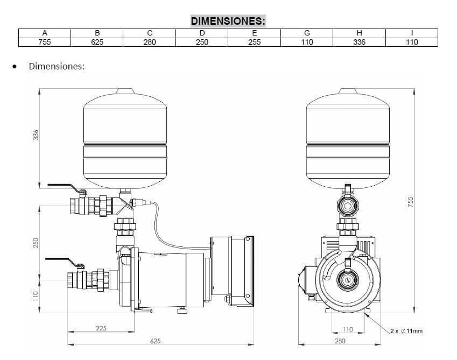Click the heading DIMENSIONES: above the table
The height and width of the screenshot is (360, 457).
(x=228, y=21)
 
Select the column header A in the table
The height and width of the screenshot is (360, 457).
(x=45, y=33)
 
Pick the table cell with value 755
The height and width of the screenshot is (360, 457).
(x=45, y=42)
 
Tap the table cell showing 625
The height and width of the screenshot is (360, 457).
(x=97, y=42)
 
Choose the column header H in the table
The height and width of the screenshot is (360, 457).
(x=360, y=33)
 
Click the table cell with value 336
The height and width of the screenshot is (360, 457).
(x=360, y=42)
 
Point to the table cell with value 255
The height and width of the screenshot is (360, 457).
(x=255, y=42)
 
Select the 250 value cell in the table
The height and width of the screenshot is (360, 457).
(x=202, y=42)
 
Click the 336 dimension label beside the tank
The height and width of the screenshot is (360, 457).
(x=36, y=135)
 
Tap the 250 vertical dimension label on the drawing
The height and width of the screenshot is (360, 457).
(x=36, y=243)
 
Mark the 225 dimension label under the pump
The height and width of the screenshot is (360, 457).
(x=101, y=328)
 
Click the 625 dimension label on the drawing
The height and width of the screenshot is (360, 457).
(x=156, y=341)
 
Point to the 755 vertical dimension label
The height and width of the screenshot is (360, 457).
(x=410, y=202)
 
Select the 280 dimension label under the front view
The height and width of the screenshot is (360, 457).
(x=340, y=341)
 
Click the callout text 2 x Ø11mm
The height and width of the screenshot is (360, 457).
(x=406, y=331)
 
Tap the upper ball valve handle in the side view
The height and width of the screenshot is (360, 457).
(x=64, y=187)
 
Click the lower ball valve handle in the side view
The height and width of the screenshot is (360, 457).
(x=62, y=262)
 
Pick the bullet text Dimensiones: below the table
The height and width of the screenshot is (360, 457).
(x=57, y=66)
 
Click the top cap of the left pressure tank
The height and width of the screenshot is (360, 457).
(x=125, y=91)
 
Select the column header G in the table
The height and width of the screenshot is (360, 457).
(x=307, y=33)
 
